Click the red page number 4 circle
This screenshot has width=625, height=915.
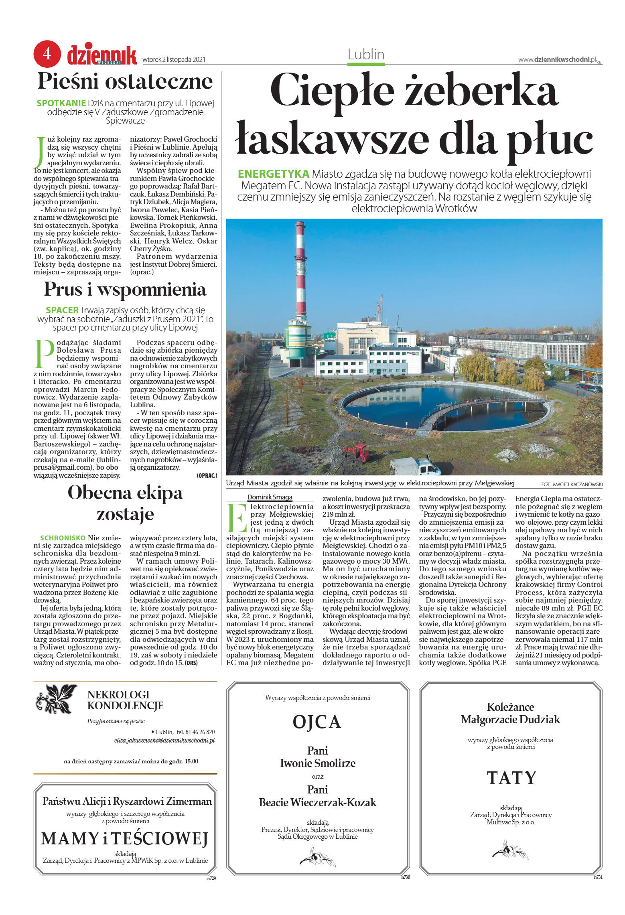pos(47,53)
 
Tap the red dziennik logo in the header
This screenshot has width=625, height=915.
pos(102,55)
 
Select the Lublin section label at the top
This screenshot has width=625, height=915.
pos(366,55)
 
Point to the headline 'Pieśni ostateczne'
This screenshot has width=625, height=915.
pos(125,81)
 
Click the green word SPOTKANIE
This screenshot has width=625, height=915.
pos(61,103)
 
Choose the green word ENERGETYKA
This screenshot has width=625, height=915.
pos(273,174)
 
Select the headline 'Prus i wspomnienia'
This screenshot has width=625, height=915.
pos(125,289)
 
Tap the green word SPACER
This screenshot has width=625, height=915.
pos(62,310)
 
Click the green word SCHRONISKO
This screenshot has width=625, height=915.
pos(63,538)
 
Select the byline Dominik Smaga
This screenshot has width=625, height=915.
pos(270,497)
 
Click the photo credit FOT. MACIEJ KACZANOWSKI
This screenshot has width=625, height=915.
pos(572,484)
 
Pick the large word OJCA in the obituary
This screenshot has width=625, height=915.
pos(317,722)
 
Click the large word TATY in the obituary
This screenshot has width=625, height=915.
pos(511,778)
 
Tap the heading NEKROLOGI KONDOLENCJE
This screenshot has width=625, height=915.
pos(125,700)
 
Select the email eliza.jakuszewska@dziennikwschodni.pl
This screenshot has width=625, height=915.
pos(164,741)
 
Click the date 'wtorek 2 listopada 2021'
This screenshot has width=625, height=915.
pos(174,59)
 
